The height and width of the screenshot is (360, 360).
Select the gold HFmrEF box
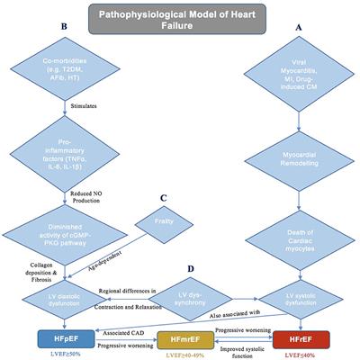pyautogui.click(x=180, y=339)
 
